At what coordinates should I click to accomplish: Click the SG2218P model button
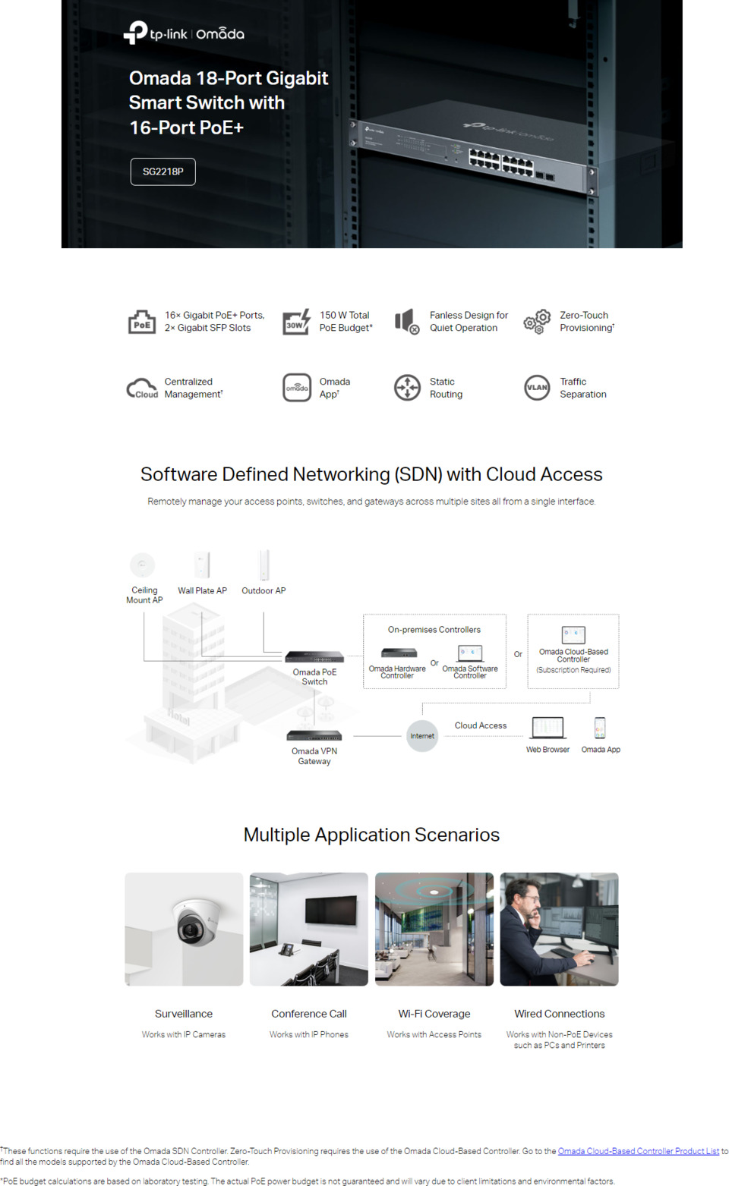click(163, 171)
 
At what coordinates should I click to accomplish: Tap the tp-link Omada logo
click(184, 33)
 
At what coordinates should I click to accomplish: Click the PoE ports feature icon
click(141, 322)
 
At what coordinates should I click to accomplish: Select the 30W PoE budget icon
click(296, 322)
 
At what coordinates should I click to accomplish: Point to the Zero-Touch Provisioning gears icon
click(537, 322)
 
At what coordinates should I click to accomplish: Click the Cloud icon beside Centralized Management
click(142, 389)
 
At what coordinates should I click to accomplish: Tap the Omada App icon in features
click(297, 387)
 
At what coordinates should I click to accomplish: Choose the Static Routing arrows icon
click(407, 387)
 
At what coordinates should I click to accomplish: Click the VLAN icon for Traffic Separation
click(537, 387)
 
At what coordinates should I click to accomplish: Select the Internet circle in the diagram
click(422, 735)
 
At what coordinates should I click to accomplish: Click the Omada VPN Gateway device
click(314, 735)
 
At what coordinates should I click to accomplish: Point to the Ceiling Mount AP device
click(143, 565)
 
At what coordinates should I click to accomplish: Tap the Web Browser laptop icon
click(548, 728)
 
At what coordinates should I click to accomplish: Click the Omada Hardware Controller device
click(399, 653)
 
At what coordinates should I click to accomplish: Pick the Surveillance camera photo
click(184, 929)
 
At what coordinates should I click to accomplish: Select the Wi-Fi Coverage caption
click(434, 1014)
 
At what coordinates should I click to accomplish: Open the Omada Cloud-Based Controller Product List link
click(638, 1151)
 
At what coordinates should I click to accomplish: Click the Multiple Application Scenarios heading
click(371, 835)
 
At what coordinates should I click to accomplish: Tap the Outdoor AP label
click(264, 590)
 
